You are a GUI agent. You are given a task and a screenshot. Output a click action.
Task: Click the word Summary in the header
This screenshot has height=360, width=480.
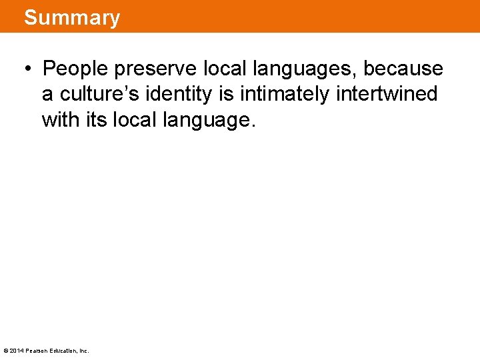click(72, 17)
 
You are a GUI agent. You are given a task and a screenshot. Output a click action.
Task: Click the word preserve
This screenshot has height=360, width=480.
click(155, 69)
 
